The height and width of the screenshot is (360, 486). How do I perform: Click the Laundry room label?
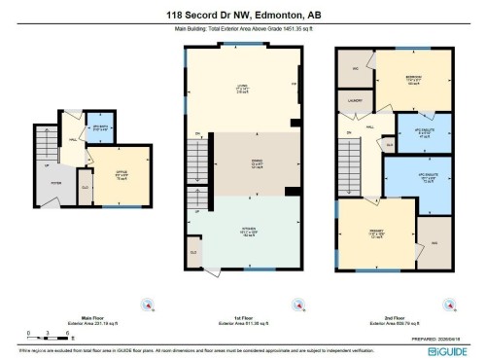pos(355,99)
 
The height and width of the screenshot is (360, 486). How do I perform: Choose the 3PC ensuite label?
pos(424,134)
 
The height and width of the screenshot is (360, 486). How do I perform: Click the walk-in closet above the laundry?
pos(356,69)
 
